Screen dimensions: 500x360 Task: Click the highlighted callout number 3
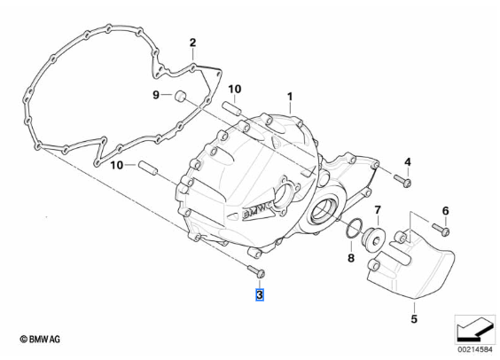260,294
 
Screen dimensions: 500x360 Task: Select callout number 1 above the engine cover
290,97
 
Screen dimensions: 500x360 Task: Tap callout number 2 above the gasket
192,43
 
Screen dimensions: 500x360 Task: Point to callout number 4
408,162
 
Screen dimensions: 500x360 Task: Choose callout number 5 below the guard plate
414,318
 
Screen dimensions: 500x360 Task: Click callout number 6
445,211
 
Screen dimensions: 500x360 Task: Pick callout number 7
378,210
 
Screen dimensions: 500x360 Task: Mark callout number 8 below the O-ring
351,258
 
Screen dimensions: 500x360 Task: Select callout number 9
156,95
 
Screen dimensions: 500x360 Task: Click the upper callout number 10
234,89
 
